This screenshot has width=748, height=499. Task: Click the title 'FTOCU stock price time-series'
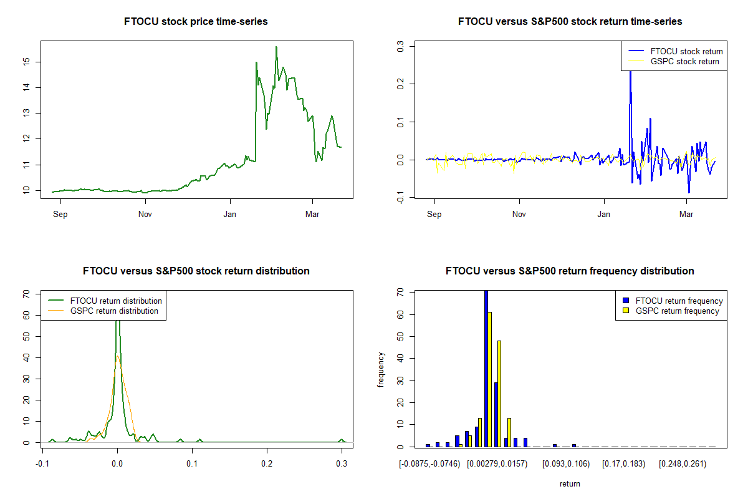pyautogui.click(x=196, y=22)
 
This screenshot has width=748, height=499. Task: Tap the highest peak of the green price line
pyautogui.click(x=276, y=47)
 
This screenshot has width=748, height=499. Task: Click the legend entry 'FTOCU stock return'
pyautogui.click(x=686, y=51)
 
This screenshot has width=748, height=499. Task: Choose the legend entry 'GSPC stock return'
pyautogui.click(x=684, y=61)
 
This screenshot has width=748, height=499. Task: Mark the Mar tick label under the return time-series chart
pyautogui.click(x=687, y=215)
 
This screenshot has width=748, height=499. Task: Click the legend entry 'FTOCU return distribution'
pyautogui.click(x=116, y=301)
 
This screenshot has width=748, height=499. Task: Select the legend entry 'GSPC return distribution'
pyautogui.click(x=114, y=311)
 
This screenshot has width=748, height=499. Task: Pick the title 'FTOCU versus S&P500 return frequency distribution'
pyautogui.click(x=570, y=271)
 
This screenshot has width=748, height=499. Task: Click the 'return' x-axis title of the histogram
pyautogui.click(x=570, y=483)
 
